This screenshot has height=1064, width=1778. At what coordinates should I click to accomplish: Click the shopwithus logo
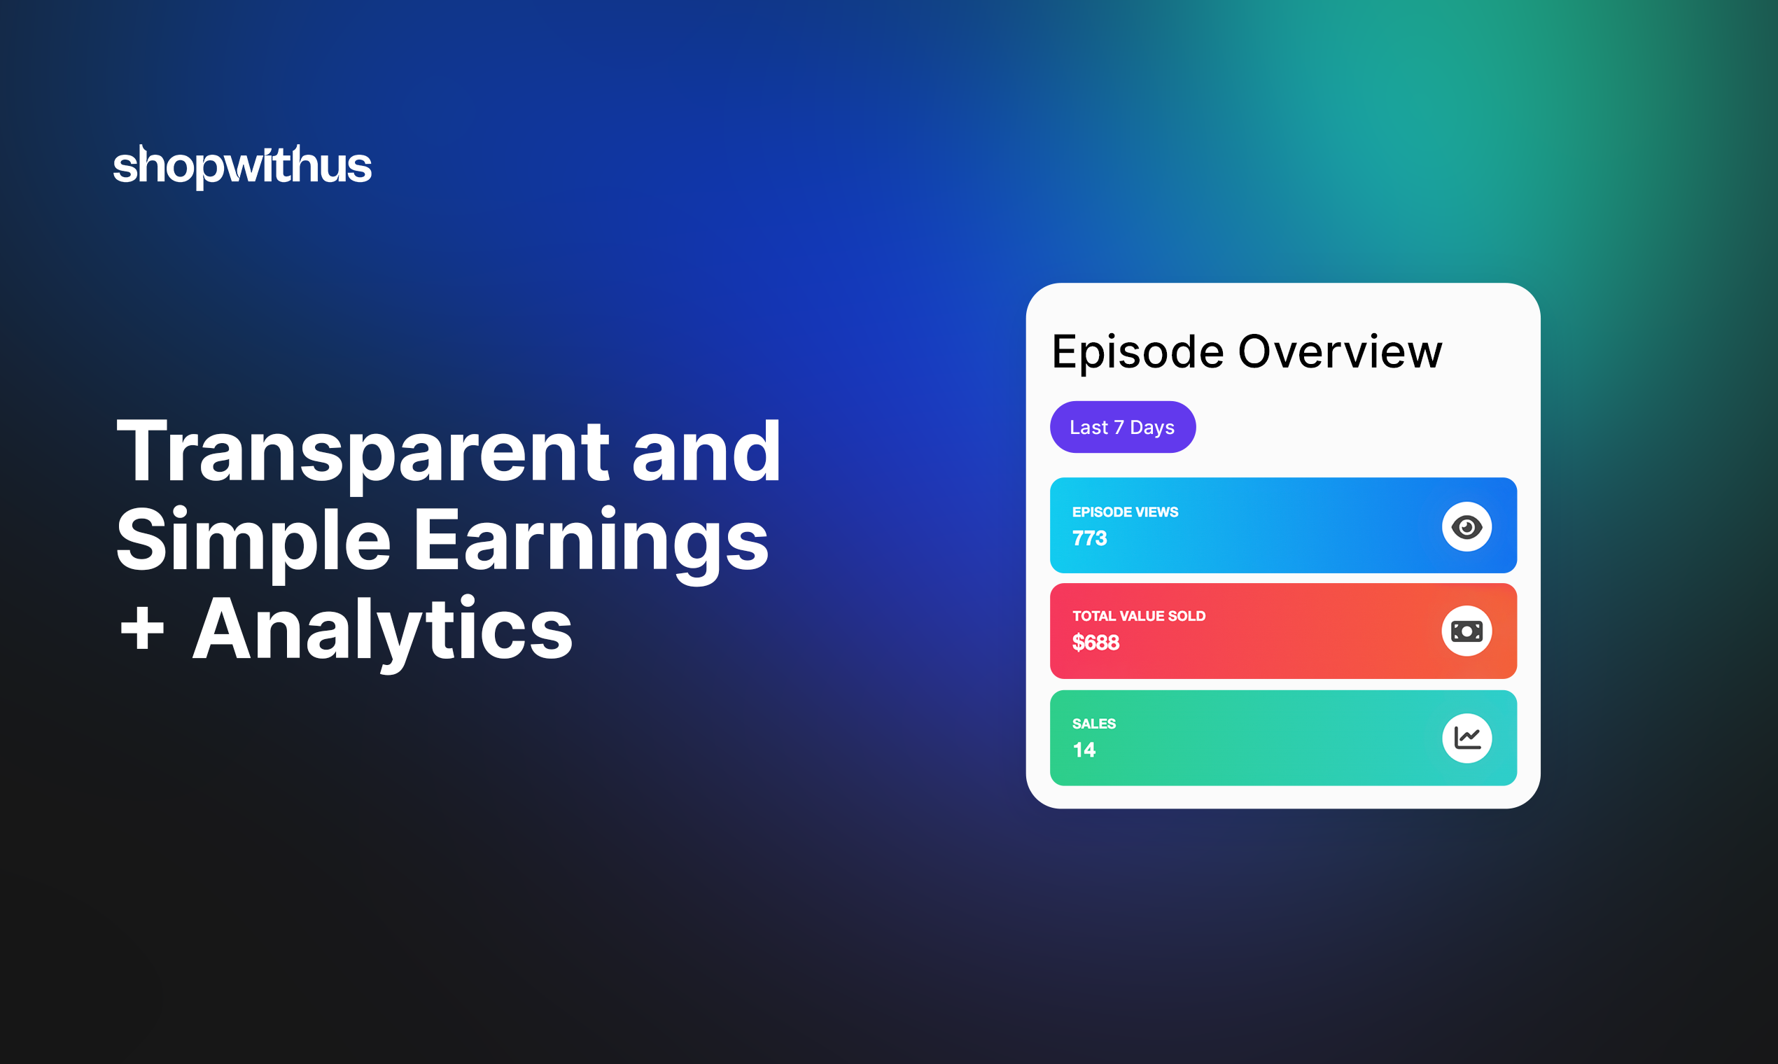point(242,167)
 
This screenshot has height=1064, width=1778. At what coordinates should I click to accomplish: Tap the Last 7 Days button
point(1123,427)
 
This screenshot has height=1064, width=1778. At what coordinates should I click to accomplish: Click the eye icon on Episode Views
point(1467,527)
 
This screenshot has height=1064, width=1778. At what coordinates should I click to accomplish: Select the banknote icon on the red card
point(1467,631)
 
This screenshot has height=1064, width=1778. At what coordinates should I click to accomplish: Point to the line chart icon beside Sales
point(1467,738)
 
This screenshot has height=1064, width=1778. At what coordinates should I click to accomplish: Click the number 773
point(1090,538)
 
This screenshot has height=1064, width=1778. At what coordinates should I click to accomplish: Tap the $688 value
point(1095,643)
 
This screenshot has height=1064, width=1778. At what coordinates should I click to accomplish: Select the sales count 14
point(1084,750)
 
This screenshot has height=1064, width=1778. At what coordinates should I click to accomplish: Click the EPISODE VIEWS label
point(1125,512)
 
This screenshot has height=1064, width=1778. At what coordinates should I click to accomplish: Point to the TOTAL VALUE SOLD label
point(1138,616)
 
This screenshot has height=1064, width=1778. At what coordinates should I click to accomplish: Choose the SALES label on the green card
point(1094,723)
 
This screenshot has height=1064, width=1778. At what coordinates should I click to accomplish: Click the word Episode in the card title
point(1137,352)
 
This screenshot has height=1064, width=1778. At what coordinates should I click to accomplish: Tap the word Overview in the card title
point(1340,352)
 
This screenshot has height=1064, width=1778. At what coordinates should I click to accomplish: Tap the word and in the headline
point(706,451)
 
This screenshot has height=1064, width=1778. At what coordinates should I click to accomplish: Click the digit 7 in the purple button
point(1119,427)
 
